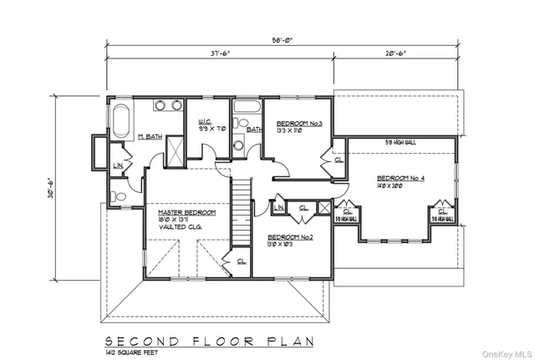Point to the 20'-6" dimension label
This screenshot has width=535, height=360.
pos(395,53)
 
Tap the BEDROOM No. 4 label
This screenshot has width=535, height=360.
pos(401,178)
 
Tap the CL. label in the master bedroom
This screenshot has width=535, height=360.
pos(241,261)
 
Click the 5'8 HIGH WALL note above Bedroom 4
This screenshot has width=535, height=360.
pos(401,142)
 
